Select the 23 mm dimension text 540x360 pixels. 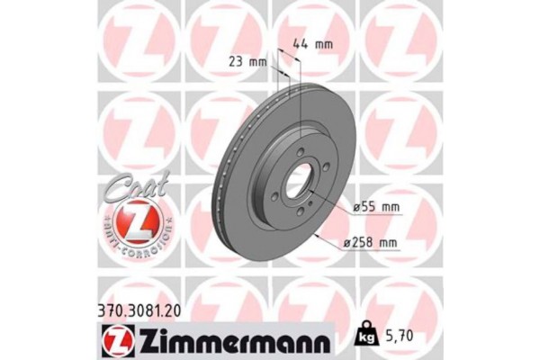(247, 62)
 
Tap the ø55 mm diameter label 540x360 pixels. (376, 208)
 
